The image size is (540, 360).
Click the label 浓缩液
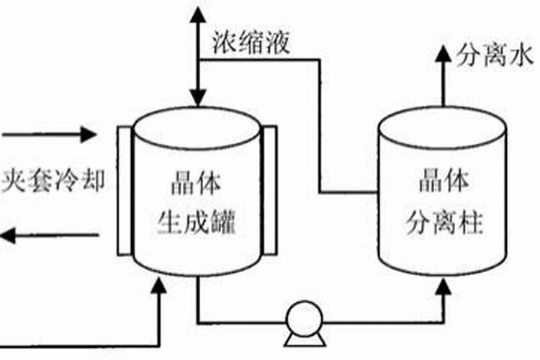(251, 43)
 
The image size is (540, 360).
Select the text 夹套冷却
(52, 179)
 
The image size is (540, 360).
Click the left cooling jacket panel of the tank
(123, 191)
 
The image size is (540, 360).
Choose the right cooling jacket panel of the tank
(269, 191)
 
